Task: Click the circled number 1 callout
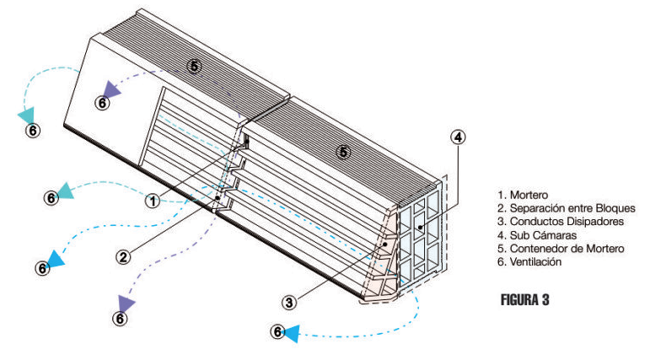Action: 152,201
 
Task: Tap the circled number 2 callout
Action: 123,257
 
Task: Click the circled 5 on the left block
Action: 195,65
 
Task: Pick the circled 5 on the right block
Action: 342,152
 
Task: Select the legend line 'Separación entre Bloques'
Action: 566,208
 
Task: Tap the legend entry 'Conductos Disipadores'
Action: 556,222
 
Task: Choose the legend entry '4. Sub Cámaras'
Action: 535,235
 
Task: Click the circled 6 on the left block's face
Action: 101,103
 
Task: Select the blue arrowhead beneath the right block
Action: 291,334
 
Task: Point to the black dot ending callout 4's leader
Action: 419,229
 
